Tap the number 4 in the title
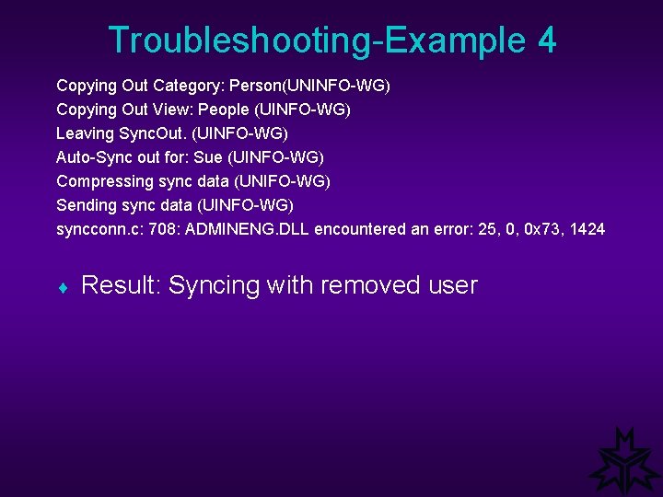tap(546, 40)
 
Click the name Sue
tap(208, 157)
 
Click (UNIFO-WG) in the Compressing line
tap(283, 181)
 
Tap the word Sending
tap(85, 205)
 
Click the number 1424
tap(587, 229)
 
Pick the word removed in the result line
tap(375, 285)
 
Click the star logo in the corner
tap(624, 462)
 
